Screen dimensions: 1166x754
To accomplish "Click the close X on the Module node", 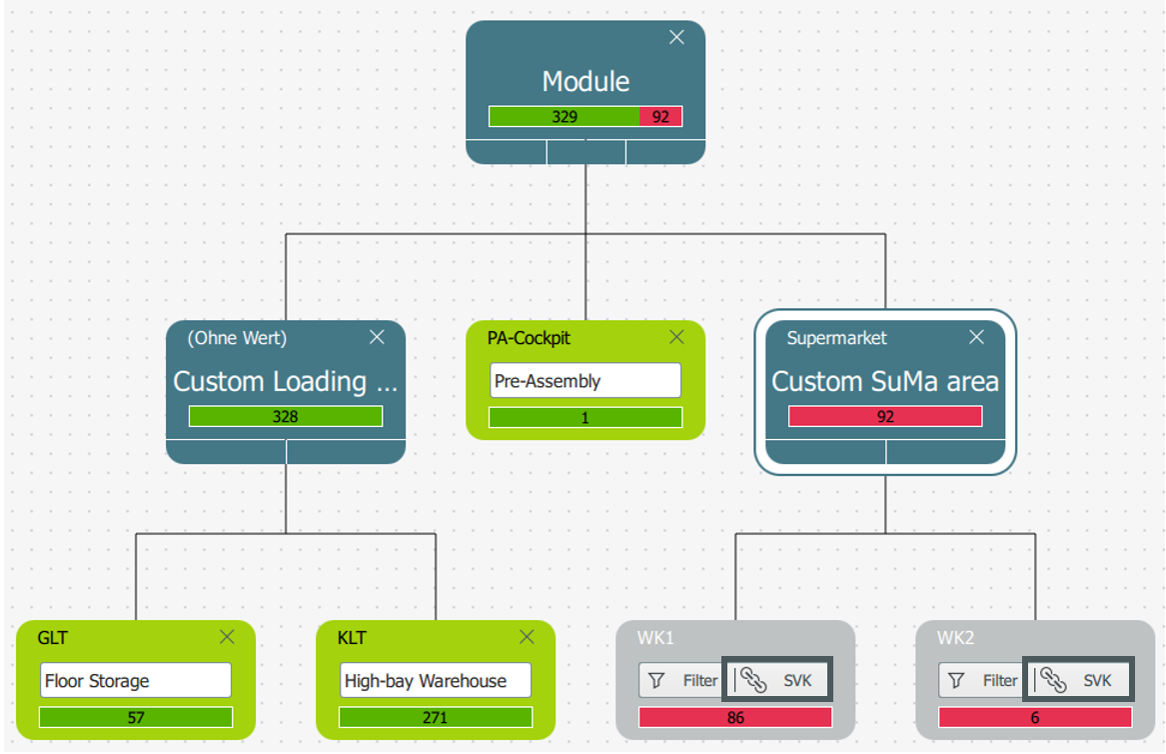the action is pyautogui.click(x=676, y=37).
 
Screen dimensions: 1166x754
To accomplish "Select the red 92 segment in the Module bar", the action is pyautogui.click(x=660, y=117).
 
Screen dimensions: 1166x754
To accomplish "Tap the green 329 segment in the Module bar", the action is pyautogui.click(x=565, y=117).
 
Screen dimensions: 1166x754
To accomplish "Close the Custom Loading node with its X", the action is pyautogui.click(x=377, y=337).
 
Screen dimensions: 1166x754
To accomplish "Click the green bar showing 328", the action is pyautogui.click(x=286, y=416).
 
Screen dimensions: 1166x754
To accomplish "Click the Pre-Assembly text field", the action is pyautogui.click(x=585, y=380).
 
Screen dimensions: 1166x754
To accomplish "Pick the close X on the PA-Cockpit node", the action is pyautogui.click(x=676, y=337).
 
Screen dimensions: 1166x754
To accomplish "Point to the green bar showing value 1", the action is pyautogui.click(x=585, y=418).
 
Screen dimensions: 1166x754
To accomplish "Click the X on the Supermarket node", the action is pyautogui.click(x=976, y=337).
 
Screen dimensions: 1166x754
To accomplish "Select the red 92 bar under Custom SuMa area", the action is pyautogui.click(x=885, y=416).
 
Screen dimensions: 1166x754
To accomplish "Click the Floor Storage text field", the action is pyautogui.click(x=135, y=680).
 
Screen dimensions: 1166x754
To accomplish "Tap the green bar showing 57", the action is pyautogui.click(x=135, y=718).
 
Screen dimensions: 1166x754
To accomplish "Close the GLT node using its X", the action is pyautogui.click(x=227, y=637).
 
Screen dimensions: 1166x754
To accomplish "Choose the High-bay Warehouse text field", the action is pyautogui.click(x=435, y=680).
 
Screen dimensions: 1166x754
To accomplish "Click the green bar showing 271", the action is pyautogui.click(x=435, y=718).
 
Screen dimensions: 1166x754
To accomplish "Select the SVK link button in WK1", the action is pyautogui.click(x=777, y=680).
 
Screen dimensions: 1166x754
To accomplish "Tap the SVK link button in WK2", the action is pyautogui.click(x=1078, y=680).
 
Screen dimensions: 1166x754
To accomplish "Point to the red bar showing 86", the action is pyautogui.click(x=734, y=718).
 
